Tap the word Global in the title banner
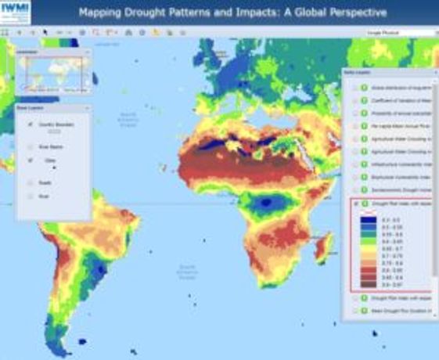coord(323,12)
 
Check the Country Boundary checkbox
coord(31,124)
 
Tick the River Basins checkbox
coord(31,146)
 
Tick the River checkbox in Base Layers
coord(31,196)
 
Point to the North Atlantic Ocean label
coord(128,120)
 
